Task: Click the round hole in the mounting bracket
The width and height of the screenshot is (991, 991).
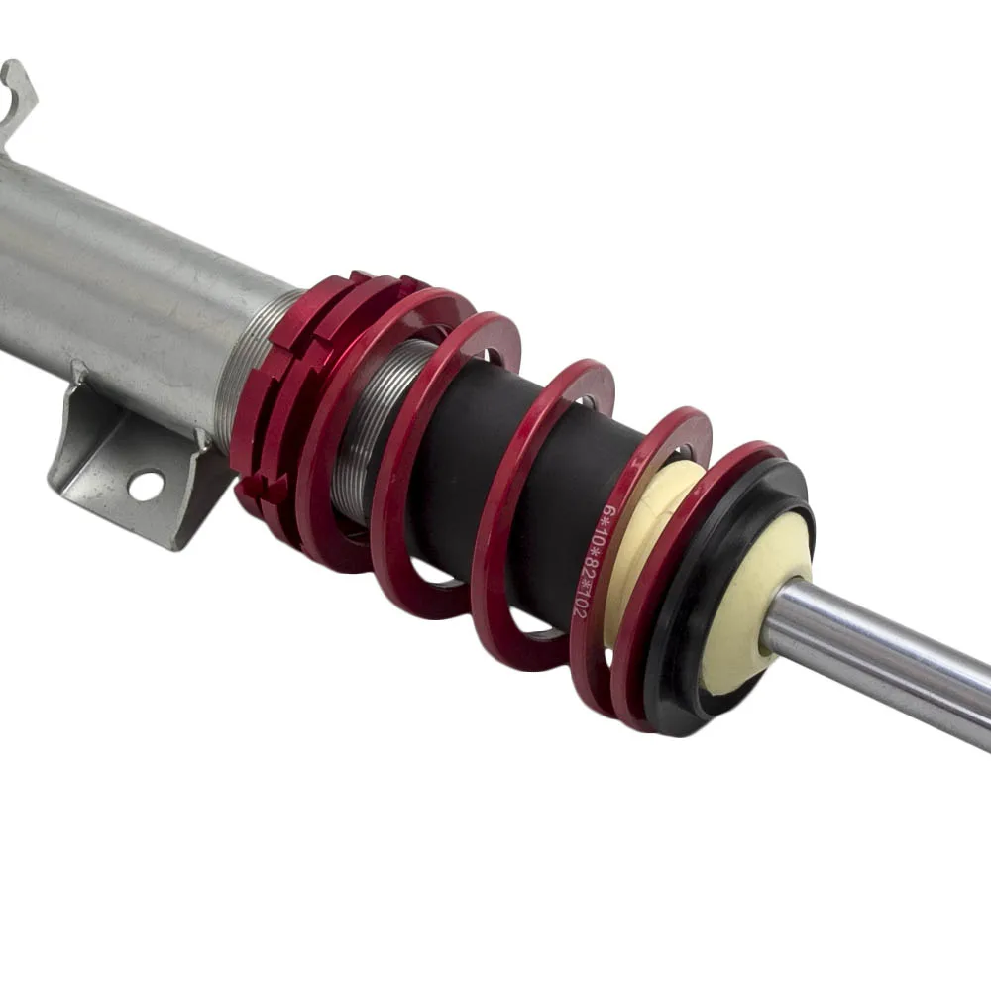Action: click(x=146, y=486)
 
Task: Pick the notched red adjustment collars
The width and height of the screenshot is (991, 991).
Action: click(x=290, y=391)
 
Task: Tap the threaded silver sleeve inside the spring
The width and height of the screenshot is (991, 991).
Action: click(x=373, y=430)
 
